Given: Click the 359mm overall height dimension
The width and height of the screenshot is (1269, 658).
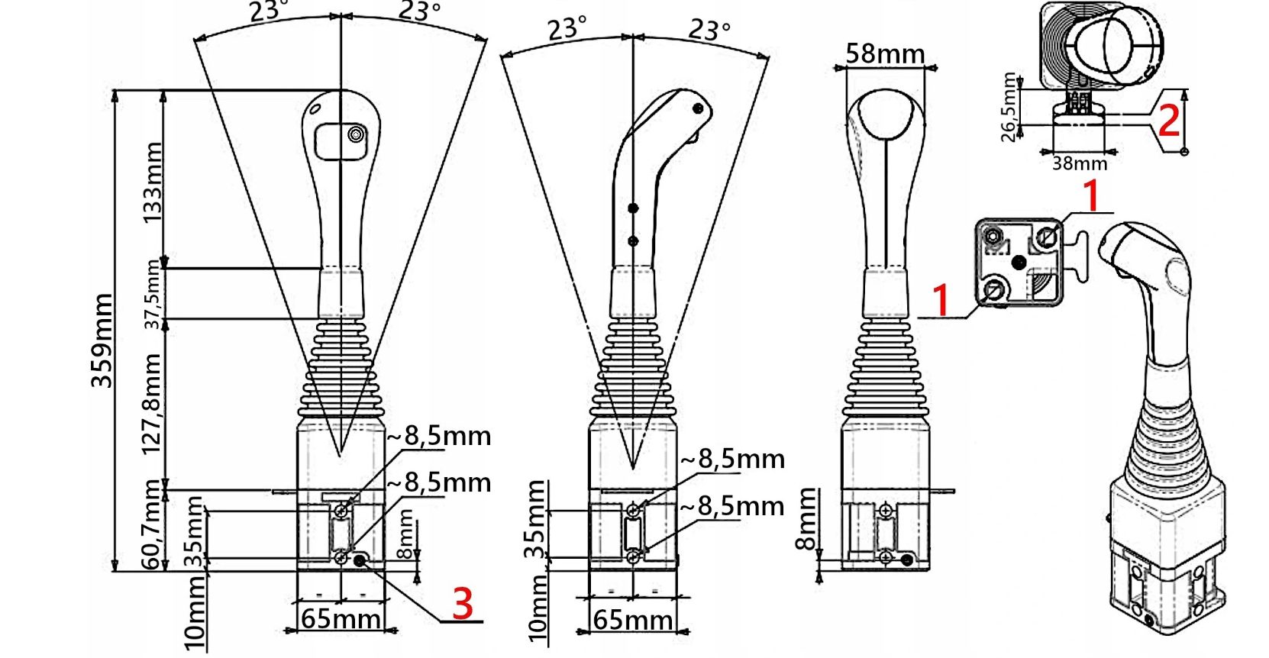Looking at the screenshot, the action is tap(102, 340).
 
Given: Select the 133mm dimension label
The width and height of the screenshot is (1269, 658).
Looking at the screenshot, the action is tap(152, 182).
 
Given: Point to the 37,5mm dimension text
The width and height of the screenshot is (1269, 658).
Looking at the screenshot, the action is tap(153, 294).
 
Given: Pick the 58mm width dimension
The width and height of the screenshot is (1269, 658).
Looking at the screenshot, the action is tap(885, 54).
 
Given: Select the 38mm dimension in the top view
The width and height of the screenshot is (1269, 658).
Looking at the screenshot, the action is tap(1079, 163).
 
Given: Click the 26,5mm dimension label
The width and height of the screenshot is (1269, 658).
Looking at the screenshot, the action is tap(1009, 107).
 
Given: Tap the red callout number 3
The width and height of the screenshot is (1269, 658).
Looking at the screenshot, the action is tap(462, 604).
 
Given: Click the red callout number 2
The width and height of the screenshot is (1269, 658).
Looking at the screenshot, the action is tap(1169, 120).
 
